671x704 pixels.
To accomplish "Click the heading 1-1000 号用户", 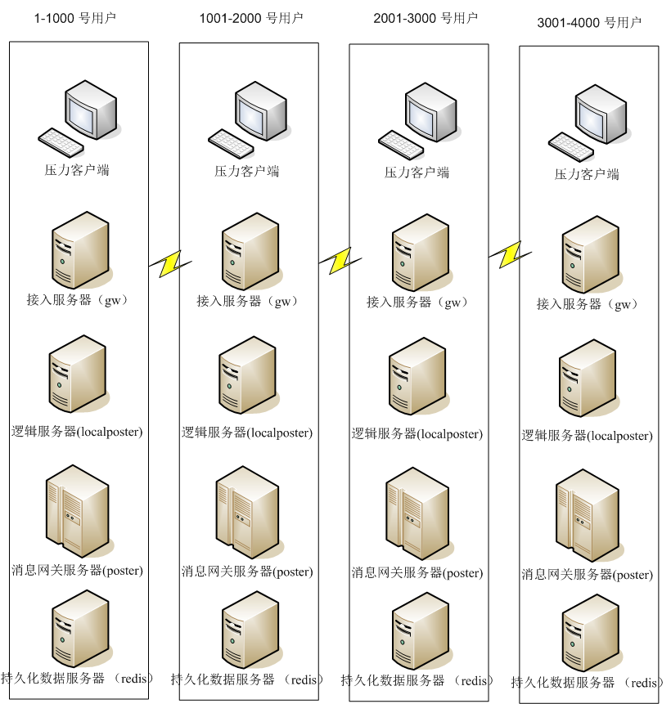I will pos(75,17).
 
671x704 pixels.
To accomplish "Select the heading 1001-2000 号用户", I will pos(251,18).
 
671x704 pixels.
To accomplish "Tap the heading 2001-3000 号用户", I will pos(425,18).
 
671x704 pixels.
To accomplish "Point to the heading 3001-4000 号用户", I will pos(589,22).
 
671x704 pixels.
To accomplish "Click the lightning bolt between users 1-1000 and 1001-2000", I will pos(171,262).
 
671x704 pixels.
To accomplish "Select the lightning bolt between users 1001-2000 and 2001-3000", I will pos(338,261).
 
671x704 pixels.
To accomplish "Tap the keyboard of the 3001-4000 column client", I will pos(570,146).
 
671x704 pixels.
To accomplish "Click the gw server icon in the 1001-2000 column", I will pos(247,251).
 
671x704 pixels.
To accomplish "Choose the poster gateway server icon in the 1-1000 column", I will pos(79,509).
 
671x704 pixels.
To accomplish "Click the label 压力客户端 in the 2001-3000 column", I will pos(417,173).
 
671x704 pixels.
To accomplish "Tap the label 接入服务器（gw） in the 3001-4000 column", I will pos(588,304).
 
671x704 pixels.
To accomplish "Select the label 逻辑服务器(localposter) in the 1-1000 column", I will pos(77,431).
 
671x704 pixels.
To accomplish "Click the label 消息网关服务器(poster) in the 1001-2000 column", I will pos(247,572).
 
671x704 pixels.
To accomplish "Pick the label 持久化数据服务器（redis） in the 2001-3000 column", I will pos(417,680).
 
